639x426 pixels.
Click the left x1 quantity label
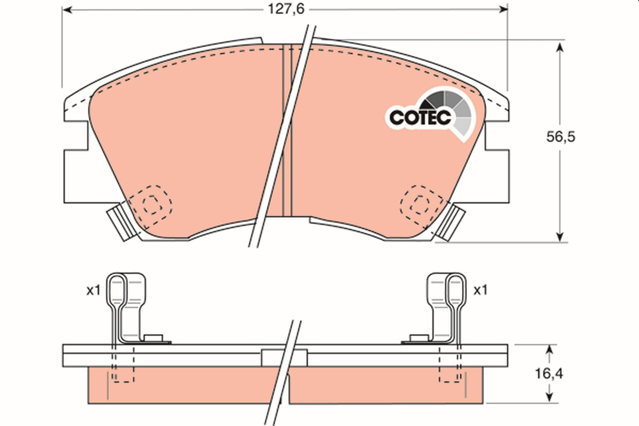point(94,290)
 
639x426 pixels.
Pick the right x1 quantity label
point(480,290)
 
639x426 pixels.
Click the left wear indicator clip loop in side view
point(118,290)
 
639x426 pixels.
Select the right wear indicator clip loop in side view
point(455,290)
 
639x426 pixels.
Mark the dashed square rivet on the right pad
point(421,203)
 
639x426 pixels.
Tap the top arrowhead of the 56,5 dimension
point(559,47)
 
